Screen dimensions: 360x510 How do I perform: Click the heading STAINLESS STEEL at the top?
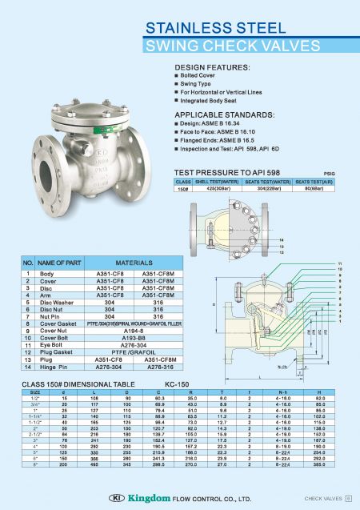(x=210, y=28)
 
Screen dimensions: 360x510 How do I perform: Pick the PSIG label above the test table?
(x=329, y=172)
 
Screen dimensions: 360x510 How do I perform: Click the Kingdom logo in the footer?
(x=138, y=499)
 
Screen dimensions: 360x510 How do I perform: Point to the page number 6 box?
(x=348, y=499)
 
